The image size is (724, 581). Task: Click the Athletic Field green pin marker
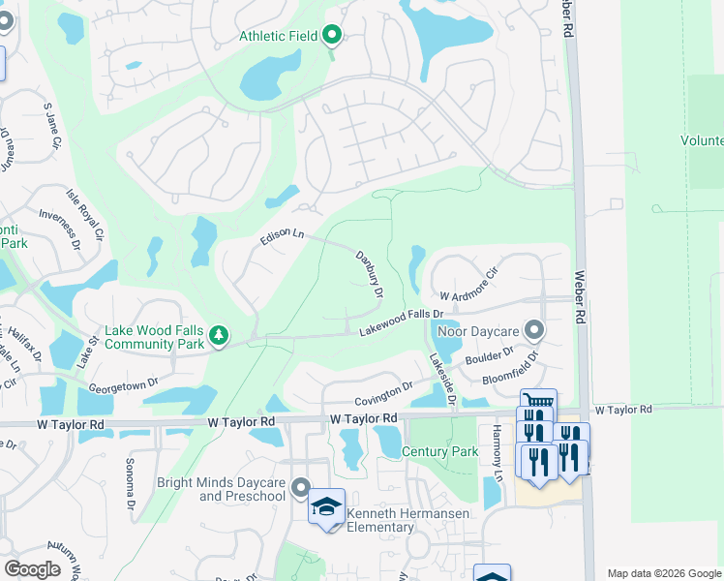pyautogui.click(x=332, y=37)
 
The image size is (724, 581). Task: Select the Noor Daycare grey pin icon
pyautogui.click(x=533, y=331)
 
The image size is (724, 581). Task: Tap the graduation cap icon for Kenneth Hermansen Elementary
pyautogui.click(x=326, y=506)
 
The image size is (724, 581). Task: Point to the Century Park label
pyautogui.click(x=439, y=452)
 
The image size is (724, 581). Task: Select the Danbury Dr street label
pyautogui.click(x=370, y=274)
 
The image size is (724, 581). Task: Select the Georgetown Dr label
pyautogui.click(x=123, y=384)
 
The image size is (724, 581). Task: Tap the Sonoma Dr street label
pyautogui.click(x=129, y=485)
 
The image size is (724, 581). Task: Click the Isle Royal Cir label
pyautogui.click(x=86, y=216)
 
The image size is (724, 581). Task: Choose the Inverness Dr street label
pyautogui.click(x=60, y=229)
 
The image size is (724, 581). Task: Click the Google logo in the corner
pyautogui.click(x=33, y=568)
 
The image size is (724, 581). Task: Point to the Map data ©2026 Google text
pyautogui.click(x=664, y=573)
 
